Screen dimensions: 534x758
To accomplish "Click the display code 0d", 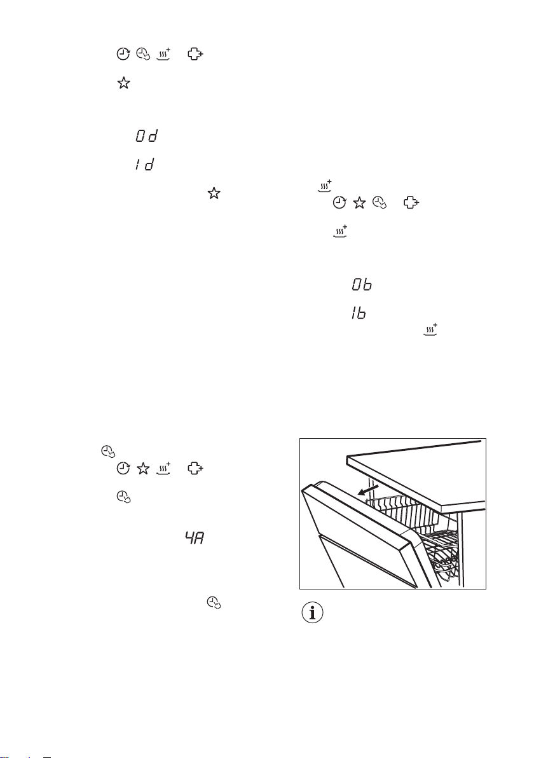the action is tap(147, 136).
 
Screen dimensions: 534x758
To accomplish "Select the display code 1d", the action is tap(145, 164).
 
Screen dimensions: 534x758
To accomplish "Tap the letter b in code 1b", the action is tap(361, 314).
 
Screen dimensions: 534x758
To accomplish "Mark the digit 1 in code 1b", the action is tap(353, 314).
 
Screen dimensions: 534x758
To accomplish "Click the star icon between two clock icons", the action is tap(359, 203).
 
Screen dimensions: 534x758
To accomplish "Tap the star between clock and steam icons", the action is tap(142, 469).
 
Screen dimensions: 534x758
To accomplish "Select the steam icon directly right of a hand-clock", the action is tap(163, 53).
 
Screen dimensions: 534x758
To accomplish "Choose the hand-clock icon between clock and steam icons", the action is tap(142, 54).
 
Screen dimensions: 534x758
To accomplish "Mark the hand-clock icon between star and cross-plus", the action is tap(380, 203).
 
